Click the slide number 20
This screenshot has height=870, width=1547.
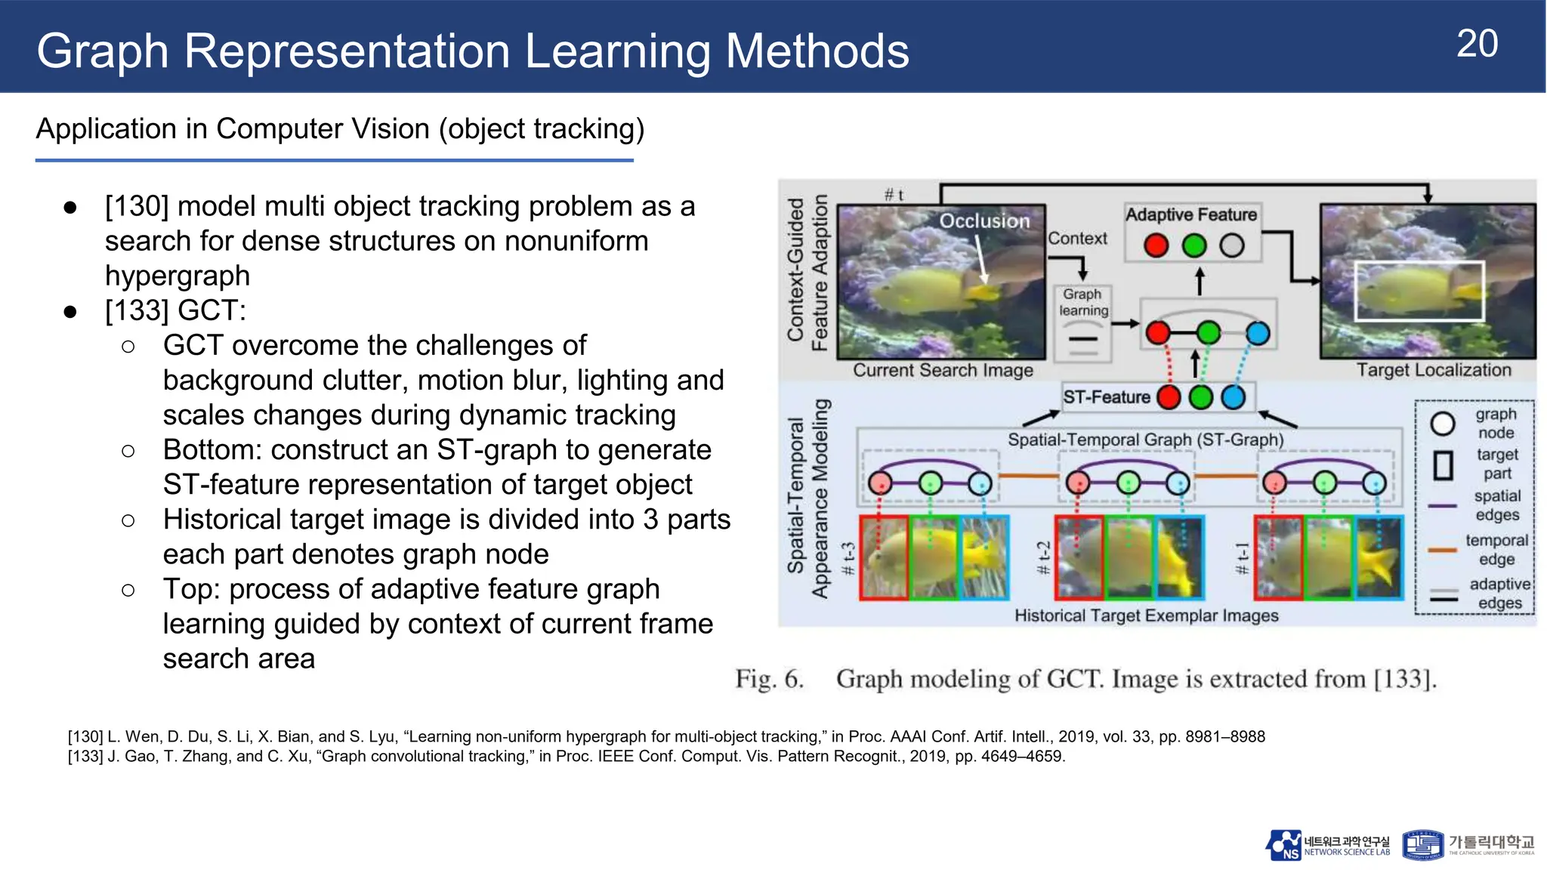[1477, 44]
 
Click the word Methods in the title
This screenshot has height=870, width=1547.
[817, 51]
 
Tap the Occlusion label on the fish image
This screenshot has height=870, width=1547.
[984, 221]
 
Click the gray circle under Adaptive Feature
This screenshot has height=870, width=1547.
[1232, 245]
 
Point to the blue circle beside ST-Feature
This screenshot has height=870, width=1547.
[1233, 397]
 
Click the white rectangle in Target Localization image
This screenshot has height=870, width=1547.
[1419, 291]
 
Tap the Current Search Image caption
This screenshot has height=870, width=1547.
[943, 370]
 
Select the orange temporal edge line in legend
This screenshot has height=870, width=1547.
[1442, 550]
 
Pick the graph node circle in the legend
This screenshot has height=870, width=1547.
[1443, 424]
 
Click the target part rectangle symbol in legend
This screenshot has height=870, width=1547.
[1443, 465]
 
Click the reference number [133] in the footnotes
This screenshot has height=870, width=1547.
[85, 757]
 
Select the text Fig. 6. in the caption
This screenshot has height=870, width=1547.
[769, 679]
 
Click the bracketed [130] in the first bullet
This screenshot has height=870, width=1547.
[137, 206]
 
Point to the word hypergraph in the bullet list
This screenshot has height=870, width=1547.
[178, 276]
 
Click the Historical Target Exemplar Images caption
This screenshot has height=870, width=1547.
[1146, 615]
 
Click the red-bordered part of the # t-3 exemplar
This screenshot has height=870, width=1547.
[884, 558]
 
